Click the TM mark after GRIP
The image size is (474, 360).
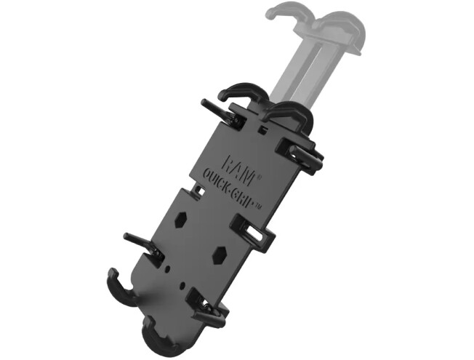[x=258, y=206]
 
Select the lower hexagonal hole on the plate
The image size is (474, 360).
[x=218, y=255]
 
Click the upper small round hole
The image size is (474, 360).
[x=168, y=268]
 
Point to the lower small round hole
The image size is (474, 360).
[x=182, y=285]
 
